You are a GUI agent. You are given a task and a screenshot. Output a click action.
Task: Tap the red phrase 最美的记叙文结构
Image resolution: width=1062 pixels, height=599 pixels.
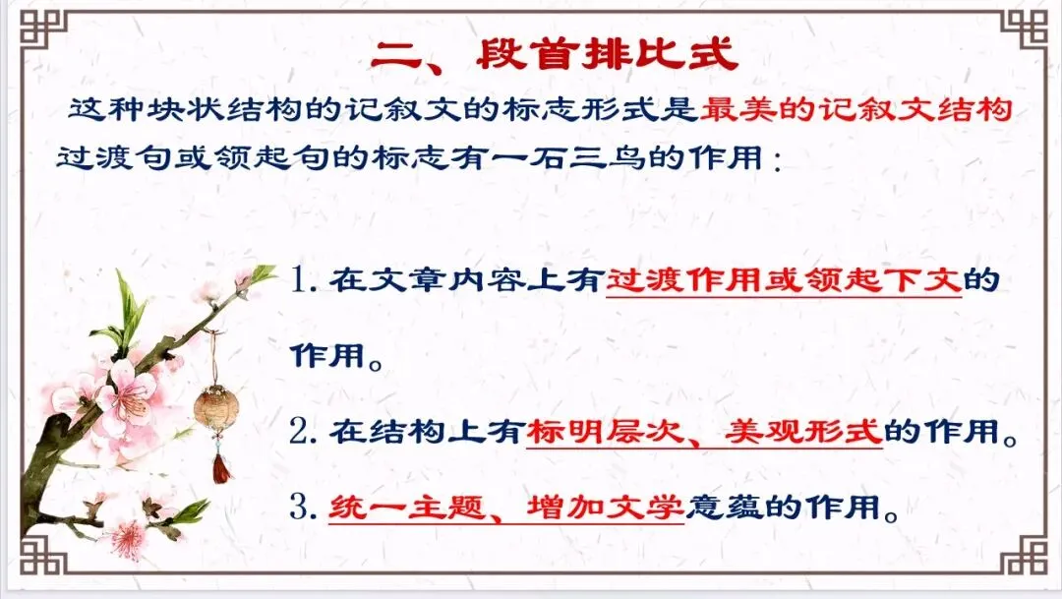(x=856, y=109)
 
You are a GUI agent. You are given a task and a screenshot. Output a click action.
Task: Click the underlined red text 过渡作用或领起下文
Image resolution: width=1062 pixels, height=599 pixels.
(x=783, y=281)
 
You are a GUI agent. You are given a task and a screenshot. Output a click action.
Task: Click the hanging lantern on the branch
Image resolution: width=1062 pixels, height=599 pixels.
(x=214, y=406)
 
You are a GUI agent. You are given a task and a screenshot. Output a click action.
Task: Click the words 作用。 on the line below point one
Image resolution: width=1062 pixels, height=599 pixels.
(x=334, y=356)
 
